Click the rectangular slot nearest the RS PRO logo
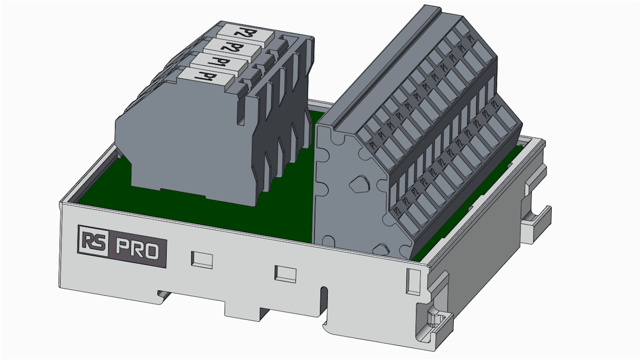[x=201, y=258]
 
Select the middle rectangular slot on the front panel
[x=285, y=273]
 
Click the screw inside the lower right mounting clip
[x=435, y=318]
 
